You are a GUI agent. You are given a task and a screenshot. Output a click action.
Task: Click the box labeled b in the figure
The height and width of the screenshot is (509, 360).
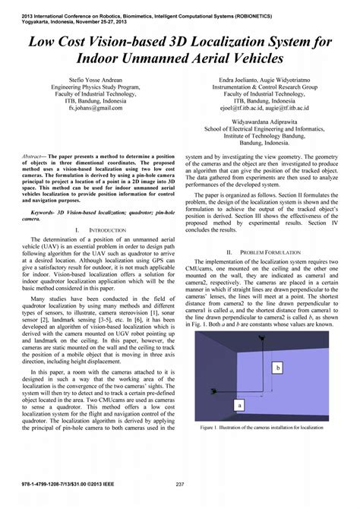coord(278,367)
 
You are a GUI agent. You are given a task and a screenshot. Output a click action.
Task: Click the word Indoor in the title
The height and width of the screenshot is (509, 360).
coord(100,58)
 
